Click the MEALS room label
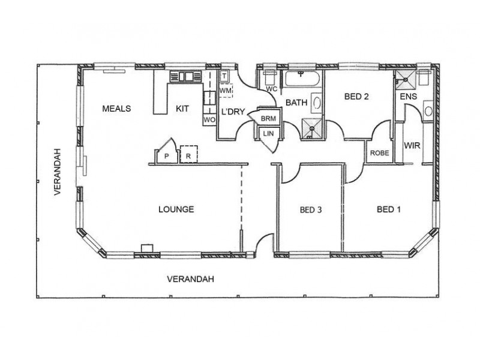point(116,109)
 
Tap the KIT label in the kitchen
point(182,109)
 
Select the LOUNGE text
point(176,209)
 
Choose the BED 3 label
point(311,210)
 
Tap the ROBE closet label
point(379,153)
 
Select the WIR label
point(412,145)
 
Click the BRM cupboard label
point(268,118)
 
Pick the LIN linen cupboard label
point(268,133)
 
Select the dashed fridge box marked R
point(189,154)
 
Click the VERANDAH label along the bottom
point(190,279)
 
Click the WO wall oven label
point(209,119)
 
